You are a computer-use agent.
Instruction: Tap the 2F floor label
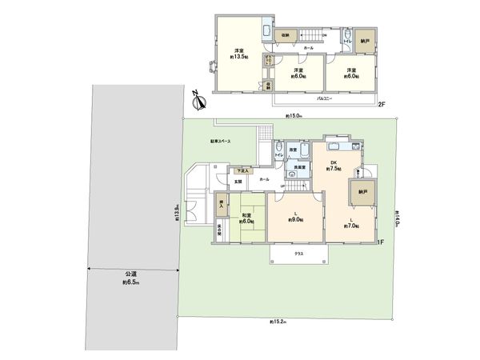pos(382,104)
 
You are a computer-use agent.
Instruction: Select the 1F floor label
pos(382,242)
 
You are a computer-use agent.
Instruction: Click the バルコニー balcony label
pos(324,97)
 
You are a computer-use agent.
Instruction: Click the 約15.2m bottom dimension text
pos(279,322)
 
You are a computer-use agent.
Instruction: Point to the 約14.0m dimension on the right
pos(397,218)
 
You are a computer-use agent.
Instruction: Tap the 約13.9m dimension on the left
pos(177,214)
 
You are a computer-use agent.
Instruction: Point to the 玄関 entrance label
pos(238,184)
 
